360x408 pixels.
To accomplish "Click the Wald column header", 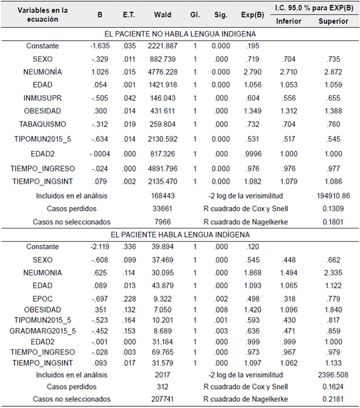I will click(x=161, y=15).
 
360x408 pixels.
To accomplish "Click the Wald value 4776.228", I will click(x=162, y=72).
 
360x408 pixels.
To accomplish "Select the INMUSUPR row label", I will click(x=42, y=98).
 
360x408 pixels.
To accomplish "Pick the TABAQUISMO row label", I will click(x=42, y=124).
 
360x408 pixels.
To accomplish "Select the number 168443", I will click(x=161, y=196).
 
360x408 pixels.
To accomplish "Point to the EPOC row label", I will click(x=42, y=299).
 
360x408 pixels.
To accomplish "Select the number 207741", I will click(x=161, y=399).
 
